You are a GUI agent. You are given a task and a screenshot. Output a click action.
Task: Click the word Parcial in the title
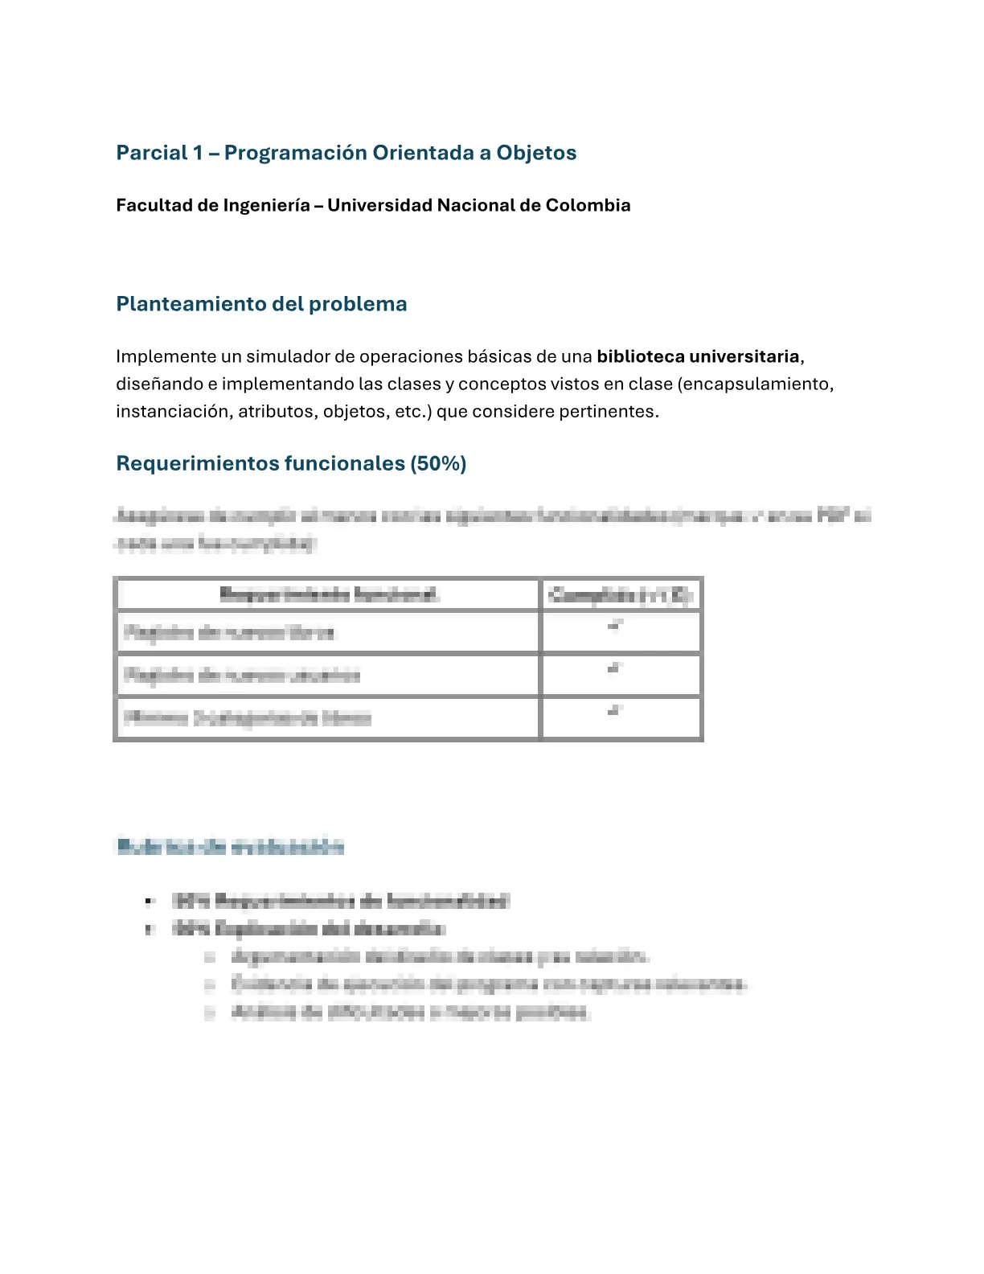151,153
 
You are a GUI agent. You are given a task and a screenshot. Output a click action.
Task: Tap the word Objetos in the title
536,153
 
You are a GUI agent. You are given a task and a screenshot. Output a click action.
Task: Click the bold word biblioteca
640,356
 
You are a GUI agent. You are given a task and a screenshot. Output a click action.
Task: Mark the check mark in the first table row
616,626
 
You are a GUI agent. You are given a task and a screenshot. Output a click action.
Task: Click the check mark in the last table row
616,711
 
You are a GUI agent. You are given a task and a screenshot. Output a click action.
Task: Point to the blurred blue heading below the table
230,846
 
